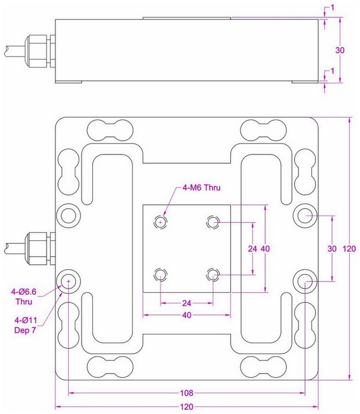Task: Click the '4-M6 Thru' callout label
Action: [202, 188]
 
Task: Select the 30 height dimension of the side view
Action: [340, 51]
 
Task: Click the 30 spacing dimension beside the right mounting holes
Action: [331, 249]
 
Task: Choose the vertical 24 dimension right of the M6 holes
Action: [253, 249]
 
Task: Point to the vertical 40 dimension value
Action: [265, 249]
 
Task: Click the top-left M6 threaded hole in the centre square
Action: [160, 222]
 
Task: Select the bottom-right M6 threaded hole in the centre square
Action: [213, 275]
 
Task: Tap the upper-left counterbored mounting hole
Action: [68, 215]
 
